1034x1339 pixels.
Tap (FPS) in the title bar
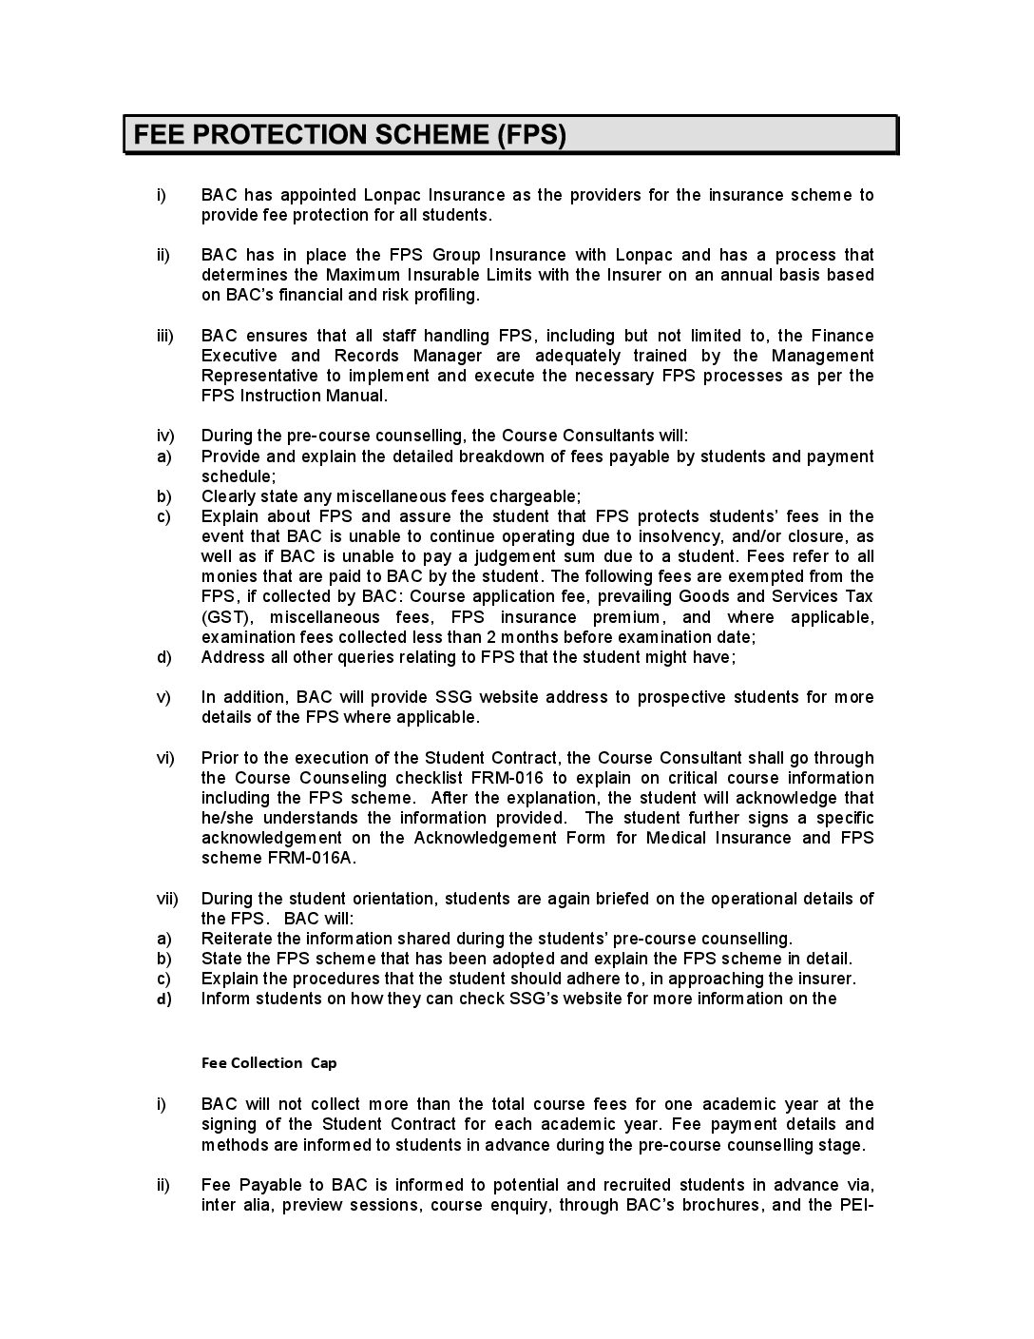click(530, 135)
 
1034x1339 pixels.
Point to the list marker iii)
click(164, 336)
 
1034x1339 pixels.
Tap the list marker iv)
click(164, 436)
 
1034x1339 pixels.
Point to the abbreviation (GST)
click(223, 617)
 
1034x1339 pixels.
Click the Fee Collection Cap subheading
click(269, 1063)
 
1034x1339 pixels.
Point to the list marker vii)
click(166, 899)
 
